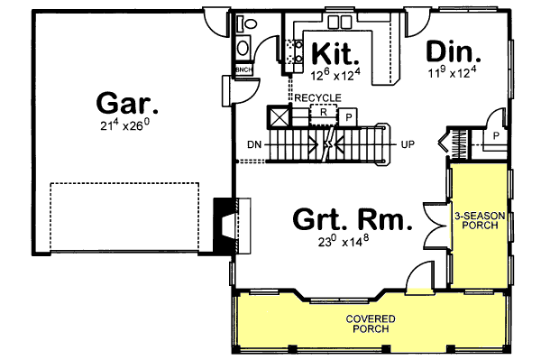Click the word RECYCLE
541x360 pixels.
316,97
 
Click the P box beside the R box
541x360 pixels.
348,116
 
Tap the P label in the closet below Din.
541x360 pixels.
495,134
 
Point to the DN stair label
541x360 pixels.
253,143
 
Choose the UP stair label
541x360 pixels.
408,143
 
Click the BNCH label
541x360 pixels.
243,69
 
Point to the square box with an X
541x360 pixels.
280,116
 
